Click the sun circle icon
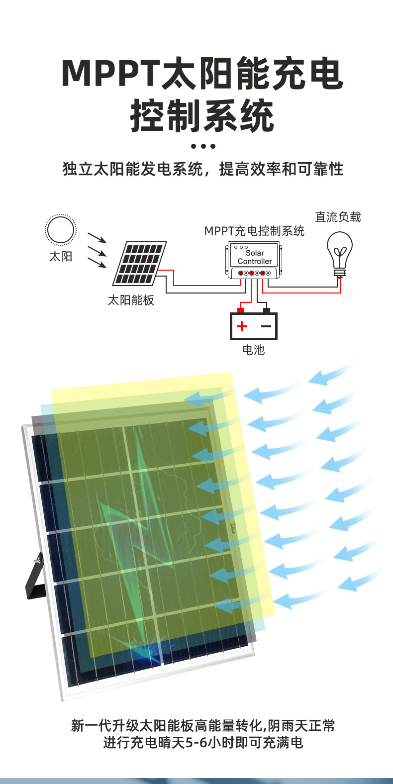[60, 230]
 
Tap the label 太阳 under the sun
[61, 256]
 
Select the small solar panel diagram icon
[139, 263]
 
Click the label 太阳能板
[131, 300]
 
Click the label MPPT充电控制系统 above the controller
[254, 231]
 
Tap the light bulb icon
[340, 254]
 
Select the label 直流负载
[338, 217]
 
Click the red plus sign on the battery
[242, 326]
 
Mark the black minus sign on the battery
[266, 326]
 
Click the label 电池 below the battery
[254, 350]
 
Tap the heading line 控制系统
[202, 115]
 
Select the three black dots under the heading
[203, 146]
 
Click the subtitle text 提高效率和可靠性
[281, 169]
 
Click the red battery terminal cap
[241, 310]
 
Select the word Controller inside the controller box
[255, 261]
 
